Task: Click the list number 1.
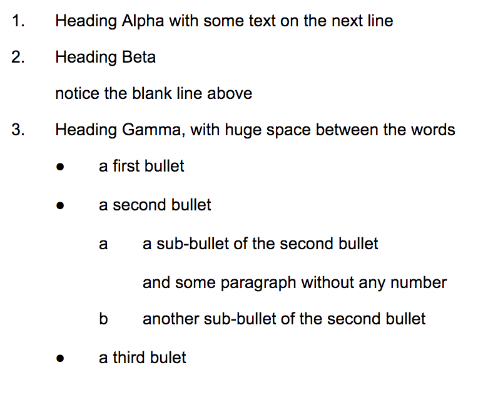[18, 21]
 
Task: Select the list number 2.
[18, 57]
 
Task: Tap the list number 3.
[18, 130]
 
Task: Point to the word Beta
[139, 57]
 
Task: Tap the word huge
[243, 131]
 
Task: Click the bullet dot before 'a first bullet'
[60, 167]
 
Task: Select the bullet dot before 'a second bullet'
[60, 206]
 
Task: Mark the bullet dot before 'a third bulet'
[60, 358]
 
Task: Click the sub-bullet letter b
[103, 319]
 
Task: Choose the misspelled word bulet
[168, 358]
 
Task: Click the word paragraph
[258, 283]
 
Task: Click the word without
[327, 282]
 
